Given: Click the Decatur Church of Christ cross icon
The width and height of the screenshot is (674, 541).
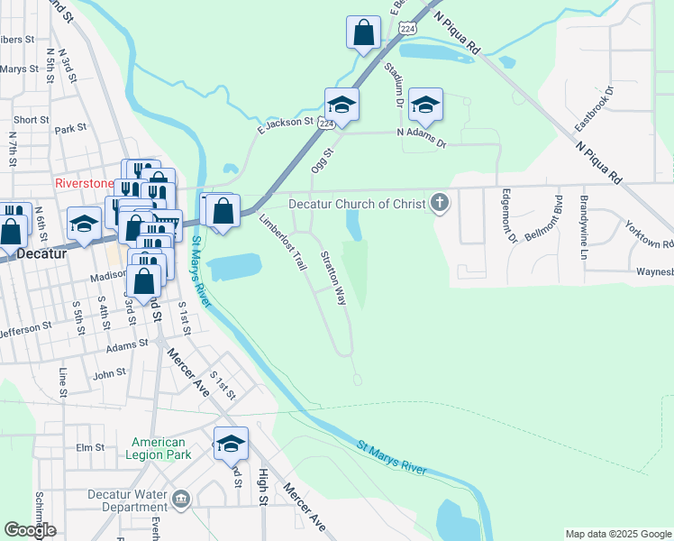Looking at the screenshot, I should (x=440, y=203).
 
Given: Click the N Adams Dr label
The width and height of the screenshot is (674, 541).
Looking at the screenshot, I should (x=422, y=136).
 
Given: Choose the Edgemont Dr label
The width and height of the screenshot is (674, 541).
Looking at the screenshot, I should (x=509, y=221).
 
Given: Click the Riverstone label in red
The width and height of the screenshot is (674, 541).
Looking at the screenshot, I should (x=85, y=182).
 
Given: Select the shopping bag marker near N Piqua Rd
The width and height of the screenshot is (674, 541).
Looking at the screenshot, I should (x=362, y=33).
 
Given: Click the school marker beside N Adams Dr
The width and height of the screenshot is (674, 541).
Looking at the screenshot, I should (x=425, y=106).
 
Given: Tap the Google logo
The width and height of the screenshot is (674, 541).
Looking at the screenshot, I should (x=30, y=530).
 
